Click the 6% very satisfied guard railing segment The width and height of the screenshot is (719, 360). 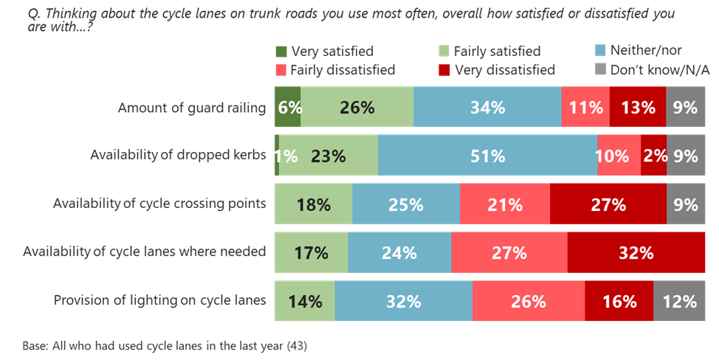[x=287, y=108]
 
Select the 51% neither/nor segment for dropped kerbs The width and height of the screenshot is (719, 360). [x=487, y=156]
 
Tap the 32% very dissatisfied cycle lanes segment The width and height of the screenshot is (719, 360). [x=636, y=253]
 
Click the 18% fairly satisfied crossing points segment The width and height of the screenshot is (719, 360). [x=313, y=205]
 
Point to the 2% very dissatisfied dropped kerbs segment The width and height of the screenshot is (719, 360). [x=654, y=156]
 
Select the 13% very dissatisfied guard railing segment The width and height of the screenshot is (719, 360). [x=638, y=108]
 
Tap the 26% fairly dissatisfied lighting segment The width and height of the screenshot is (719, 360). [x=529, y=302]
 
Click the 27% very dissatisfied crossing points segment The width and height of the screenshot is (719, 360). [x=608, y=205]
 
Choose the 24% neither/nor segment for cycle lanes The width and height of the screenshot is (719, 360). [x=399, y=253]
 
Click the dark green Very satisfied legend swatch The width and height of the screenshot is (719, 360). [x=281, y=52]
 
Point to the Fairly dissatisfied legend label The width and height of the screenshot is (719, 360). [x=343, y=71]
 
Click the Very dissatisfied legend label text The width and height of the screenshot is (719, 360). [x=504, y=71]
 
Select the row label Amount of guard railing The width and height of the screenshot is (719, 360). [x=191, y=108]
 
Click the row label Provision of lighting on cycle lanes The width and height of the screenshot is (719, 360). [x=159, y=300]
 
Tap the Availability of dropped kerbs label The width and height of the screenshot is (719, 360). [x=177, y=155]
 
